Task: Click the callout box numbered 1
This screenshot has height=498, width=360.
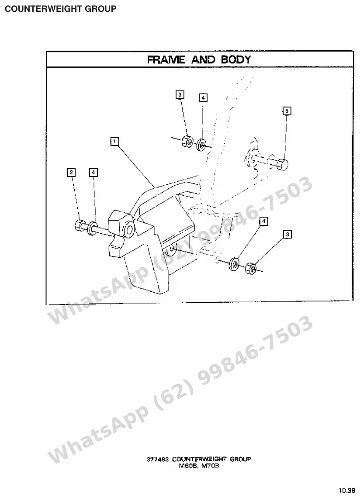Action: coord(114,142)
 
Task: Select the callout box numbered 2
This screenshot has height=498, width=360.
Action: coord(71,173)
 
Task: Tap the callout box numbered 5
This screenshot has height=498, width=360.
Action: coord(287,111)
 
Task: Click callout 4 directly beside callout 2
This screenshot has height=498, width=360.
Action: coord(93,173)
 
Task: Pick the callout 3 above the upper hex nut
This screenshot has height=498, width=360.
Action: coord(180,95)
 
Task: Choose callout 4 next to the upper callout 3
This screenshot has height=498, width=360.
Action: coord(203,97)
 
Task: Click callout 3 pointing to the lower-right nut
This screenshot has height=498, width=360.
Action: coord(287,235)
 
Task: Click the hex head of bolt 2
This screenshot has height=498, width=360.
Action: coord(79,225)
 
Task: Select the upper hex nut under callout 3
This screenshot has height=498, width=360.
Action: coord(187,142)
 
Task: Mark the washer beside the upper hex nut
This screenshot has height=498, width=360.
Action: coord(201,145)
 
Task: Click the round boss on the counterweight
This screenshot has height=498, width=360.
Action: coord(130,230)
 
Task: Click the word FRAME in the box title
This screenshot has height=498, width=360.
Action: coord(166,59)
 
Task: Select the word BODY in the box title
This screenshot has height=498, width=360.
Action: coord(236,59)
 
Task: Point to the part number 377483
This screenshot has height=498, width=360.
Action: coord(157,459)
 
